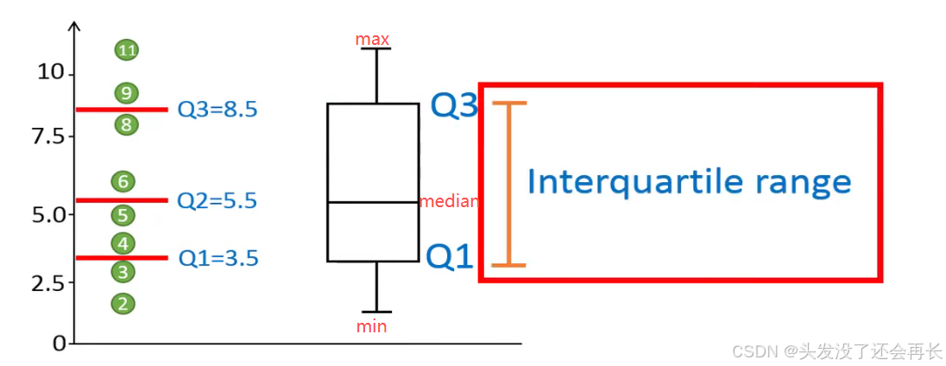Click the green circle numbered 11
[127, 50]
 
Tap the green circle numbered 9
[127, 92]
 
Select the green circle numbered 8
[126, 125]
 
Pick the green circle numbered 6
[123, 181]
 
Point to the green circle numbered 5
[123, 215]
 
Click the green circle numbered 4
[123, 243]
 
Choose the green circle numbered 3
[123, 272]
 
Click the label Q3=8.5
[218, 110]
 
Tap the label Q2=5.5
[218, 201]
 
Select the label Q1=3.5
[218, 258]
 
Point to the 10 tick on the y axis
[51, 73]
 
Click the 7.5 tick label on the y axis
[48, 136]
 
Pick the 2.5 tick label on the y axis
[48, 282]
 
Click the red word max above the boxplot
[373, 40]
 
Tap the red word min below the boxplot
[372, 327]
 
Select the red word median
[449, 202]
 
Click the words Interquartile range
[689, 183]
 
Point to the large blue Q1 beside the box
[451, 256]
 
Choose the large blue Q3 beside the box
[454, 105]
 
